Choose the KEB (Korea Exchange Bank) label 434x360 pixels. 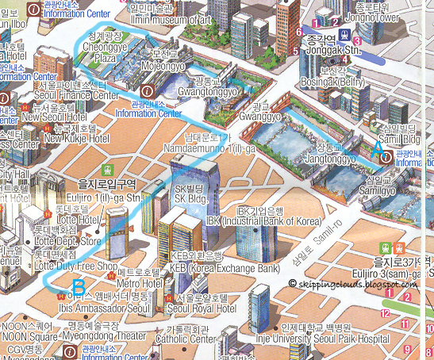225,268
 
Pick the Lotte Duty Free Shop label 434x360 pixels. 76,266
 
